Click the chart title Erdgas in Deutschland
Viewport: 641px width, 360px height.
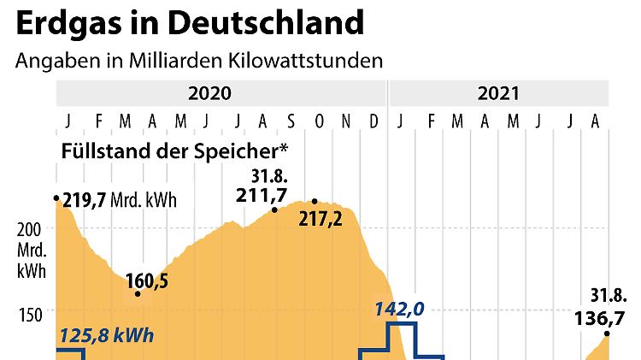pos(189,23)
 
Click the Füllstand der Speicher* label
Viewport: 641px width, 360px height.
pos(174,150)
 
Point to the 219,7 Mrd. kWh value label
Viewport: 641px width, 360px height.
pos(120,200)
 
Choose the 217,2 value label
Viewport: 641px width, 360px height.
pos(321,219)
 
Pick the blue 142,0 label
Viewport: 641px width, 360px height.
pos(397,309)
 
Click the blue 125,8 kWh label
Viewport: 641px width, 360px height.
pos(106,334)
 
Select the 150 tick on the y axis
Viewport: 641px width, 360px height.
pos(32,314)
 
